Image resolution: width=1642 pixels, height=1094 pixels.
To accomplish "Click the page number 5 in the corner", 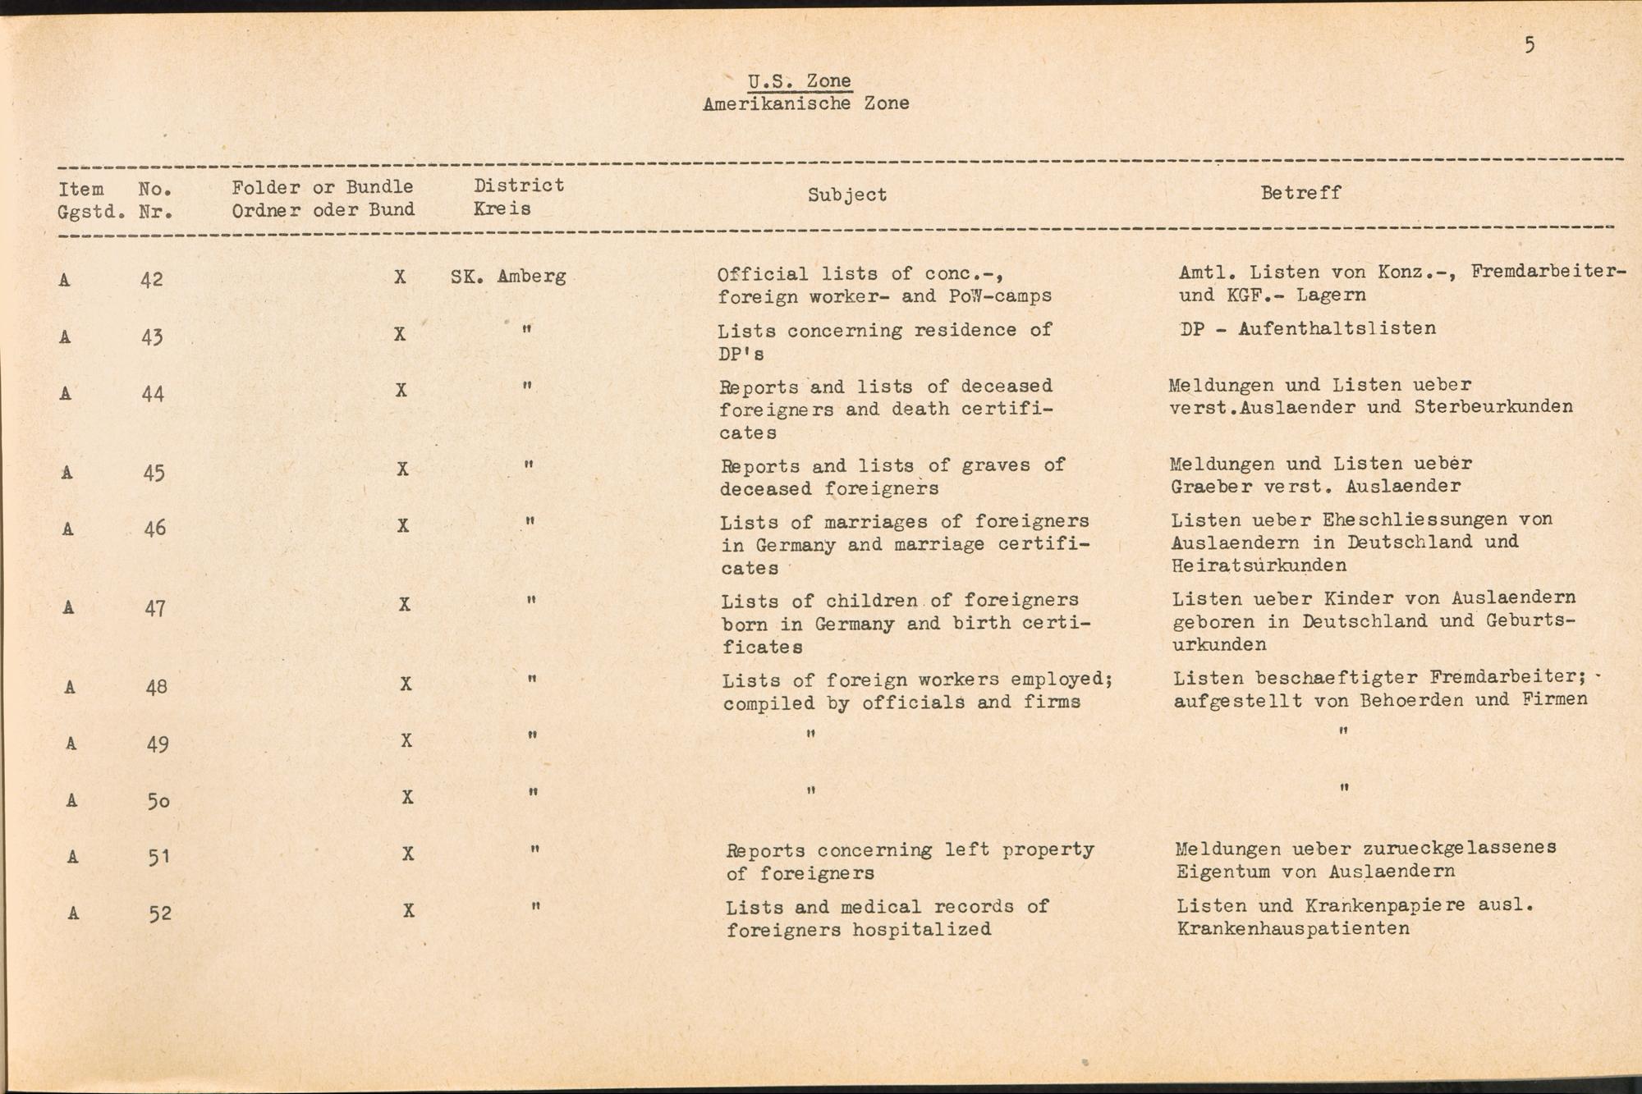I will (1530, 44).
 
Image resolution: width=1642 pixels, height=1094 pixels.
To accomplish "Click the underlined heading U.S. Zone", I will (800, 81).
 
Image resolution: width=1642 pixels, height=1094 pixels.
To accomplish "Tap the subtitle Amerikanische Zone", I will (805, 104).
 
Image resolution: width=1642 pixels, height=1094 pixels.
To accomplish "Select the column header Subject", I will (846, 195).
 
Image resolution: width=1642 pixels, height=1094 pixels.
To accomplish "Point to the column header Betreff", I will (1300, 193).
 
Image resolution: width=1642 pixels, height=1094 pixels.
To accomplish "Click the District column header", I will (519, 185).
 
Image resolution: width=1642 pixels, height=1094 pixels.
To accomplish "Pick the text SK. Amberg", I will (508, 277).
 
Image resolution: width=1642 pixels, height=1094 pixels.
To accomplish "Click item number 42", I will (152, 280).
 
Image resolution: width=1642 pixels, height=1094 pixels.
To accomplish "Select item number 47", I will (155, 608).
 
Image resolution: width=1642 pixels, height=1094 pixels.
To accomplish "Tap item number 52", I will (160, 913).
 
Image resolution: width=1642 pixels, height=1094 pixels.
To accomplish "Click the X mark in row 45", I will (402, 469).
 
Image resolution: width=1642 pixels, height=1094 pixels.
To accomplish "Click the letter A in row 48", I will (70, 687).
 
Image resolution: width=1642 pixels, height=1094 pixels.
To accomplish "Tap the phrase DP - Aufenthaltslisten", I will (1308, 329).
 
